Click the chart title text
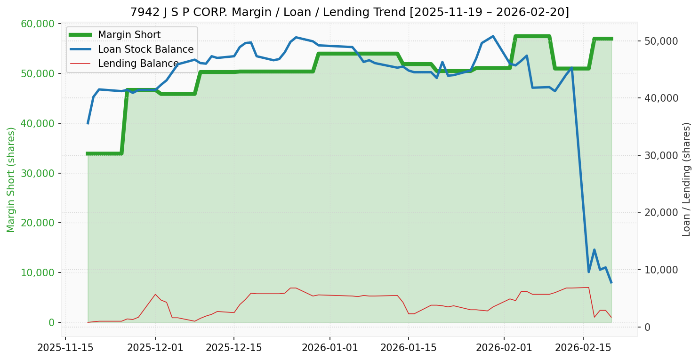click(x=349, y=12)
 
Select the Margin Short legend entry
click(x=129, y=35)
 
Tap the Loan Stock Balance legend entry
click(x=145, y=49)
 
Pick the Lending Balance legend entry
click(x=138, y=64)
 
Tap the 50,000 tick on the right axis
click(x=661, y=41)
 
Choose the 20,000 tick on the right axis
click(x=661, y=212)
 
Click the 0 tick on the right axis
click(x=647, y=327)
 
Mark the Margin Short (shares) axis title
click(x=11, y=180)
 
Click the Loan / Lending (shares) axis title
click(x=686, y=179)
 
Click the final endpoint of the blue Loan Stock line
click(x=611, y=282)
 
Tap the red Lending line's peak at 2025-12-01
click(x=155, y=294)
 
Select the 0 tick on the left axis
click(x=51, y=322)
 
